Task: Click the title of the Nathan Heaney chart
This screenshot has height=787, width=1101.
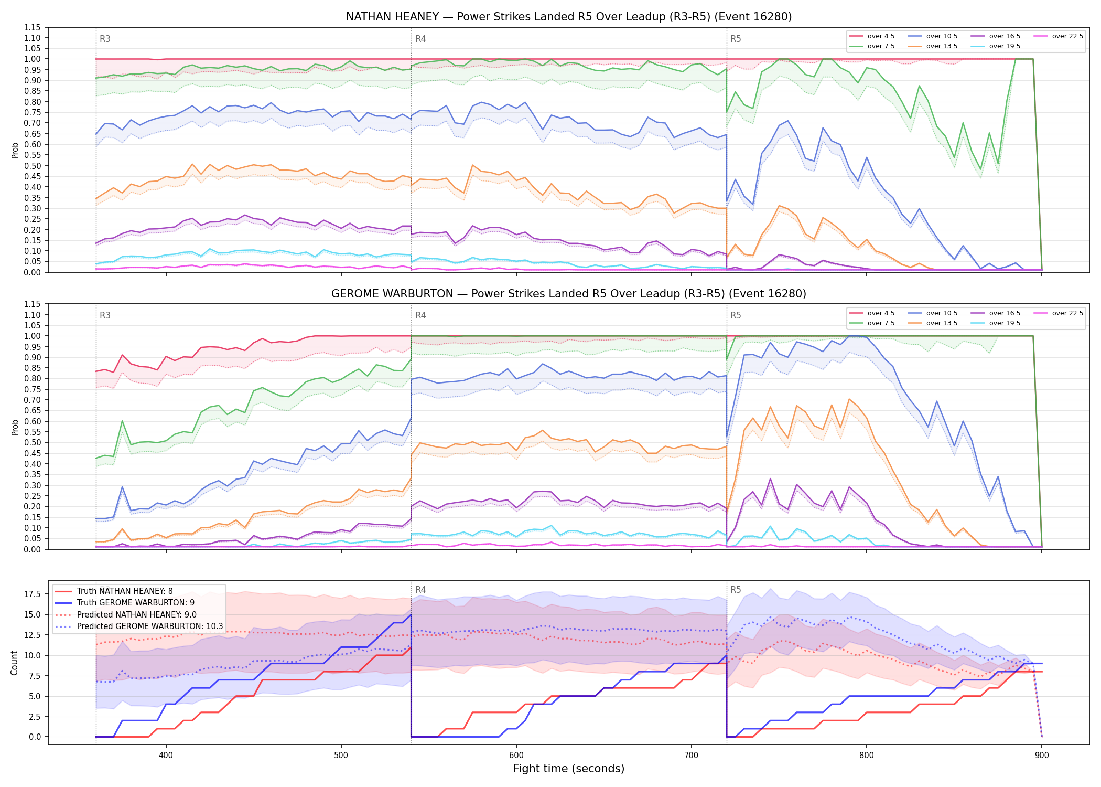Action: point(569,17)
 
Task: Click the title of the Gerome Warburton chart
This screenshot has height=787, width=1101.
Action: point(569,294)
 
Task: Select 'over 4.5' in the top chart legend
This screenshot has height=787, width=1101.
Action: point(881,36)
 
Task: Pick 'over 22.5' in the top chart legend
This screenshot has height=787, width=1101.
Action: point(1067,36)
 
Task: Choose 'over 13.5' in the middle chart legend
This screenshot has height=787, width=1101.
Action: point(942,323)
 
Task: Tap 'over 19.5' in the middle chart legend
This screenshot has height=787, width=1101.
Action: point(1005,323)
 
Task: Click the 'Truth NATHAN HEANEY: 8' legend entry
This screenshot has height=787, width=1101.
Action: point(125,591)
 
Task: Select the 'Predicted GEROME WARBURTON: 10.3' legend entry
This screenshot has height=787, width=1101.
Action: point(150,626)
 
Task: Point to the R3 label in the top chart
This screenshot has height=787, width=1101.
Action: point(105,39)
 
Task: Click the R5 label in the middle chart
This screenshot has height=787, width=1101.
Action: point(736,315)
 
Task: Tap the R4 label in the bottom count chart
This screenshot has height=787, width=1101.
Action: point(420,590)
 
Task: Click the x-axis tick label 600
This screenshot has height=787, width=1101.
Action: point(516,756)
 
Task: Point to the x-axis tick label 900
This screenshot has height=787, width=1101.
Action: point(1042,756)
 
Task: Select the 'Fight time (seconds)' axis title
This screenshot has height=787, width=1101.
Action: point(569,769)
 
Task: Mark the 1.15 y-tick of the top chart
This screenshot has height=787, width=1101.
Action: point(32,27)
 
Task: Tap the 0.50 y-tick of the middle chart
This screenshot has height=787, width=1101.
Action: point(32,443)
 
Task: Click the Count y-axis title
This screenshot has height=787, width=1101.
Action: point(14,663)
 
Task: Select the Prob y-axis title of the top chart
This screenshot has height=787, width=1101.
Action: point(15,150)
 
